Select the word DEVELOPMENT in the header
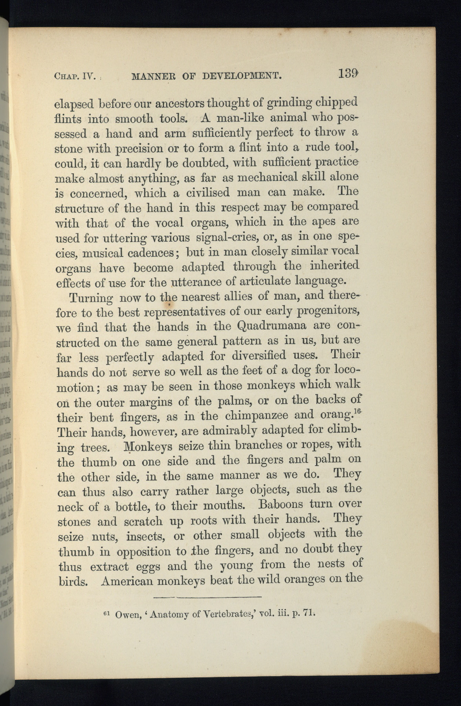click(x=241, y=75)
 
